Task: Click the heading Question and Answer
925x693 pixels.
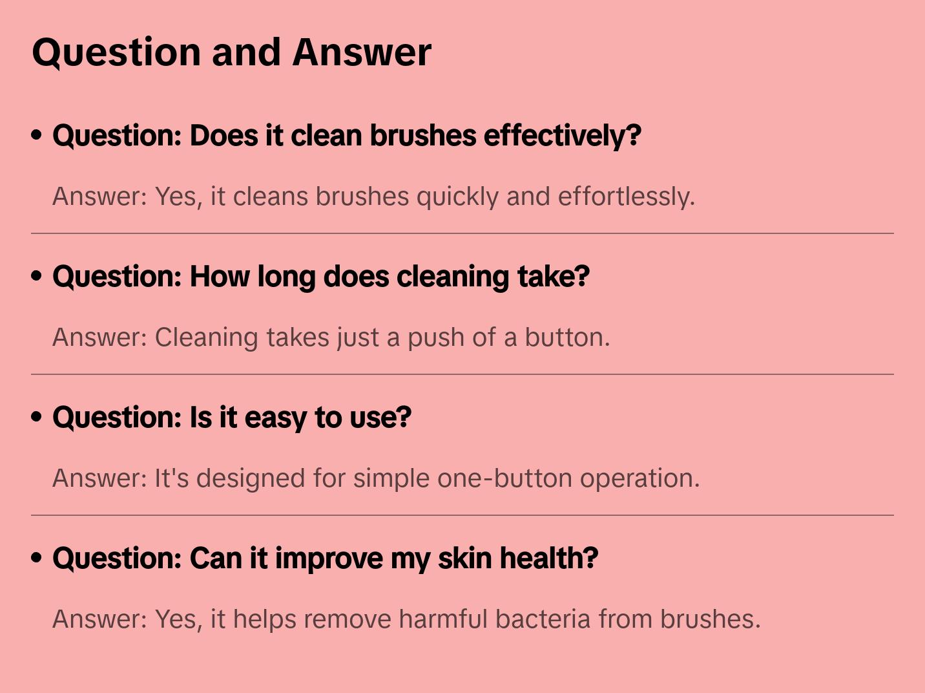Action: pos(231,52)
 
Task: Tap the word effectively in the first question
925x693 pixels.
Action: pos(562,136)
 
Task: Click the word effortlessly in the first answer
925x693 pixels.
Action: pos(626,197)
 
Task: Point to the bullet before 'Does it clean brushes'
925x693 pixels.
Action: pos(37,135)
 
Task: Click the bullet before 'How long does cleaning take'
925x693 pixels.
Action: pos(37,276)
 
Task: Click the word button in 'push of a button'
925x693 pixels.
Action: pos(566,337)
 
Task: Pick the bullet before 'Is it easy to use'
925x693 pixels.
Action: pos(37,417)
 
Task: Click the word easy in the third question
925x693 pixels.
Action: pos(276,418)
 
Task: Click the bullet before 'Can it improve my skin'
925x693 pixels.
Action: pos(37,558)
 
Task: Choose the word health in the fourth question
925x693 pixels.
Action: pos(549,559)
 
